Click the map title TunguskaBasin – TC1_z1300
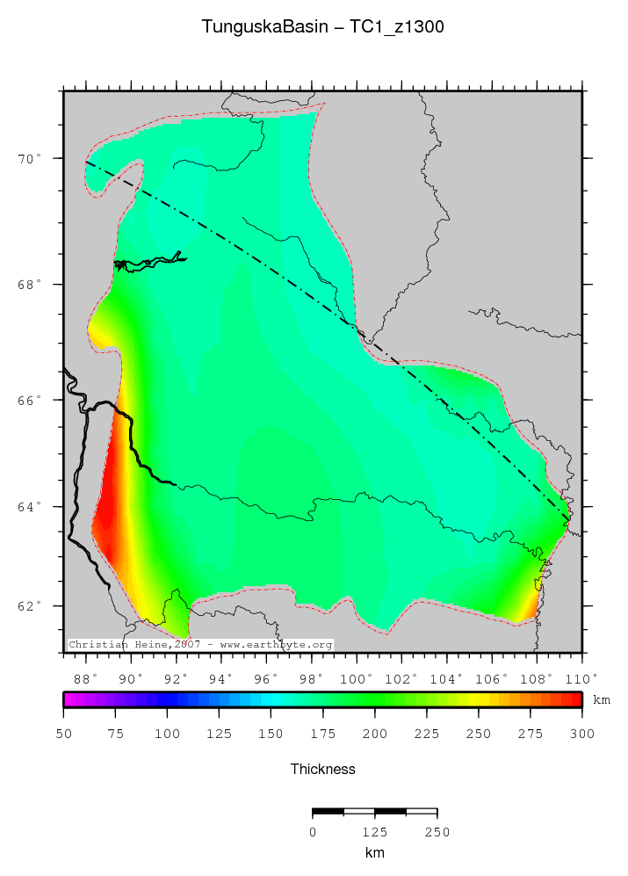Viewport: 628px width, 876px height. pos(322,27)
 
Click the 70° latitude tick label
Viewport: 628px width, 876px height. pos(34,159)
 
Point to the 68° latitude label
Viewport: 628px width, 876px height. pos(34,285)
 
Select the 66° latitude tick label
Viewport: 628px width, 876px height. pos(34,400)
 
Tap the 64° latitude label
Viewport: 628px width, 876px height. pos(34,507)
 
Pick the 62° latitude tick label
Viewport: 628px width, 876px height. pos(34,606)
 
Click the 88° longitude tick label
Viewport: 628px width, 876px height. pos(85,677)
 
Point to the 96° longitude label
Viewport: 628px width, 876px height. pos(266,677)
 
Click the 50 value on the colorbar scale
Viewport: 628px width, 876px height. pos(63,733)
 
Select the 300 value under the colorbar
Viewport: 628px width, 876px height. pos(581,733)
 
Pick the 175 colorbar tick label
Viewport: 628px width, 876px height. pos(322,733)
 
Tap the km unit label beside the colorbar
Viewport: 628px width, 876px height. pos(602,700)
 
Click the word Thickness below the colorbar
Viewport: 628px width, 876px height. pos(322,769)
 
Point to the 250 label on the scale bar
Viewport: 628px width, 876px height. pos(437,832)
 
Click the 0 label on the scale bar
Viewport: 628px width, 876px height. pos(313,832)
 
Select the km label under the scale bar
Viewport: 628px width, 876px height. pos(375,852)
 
